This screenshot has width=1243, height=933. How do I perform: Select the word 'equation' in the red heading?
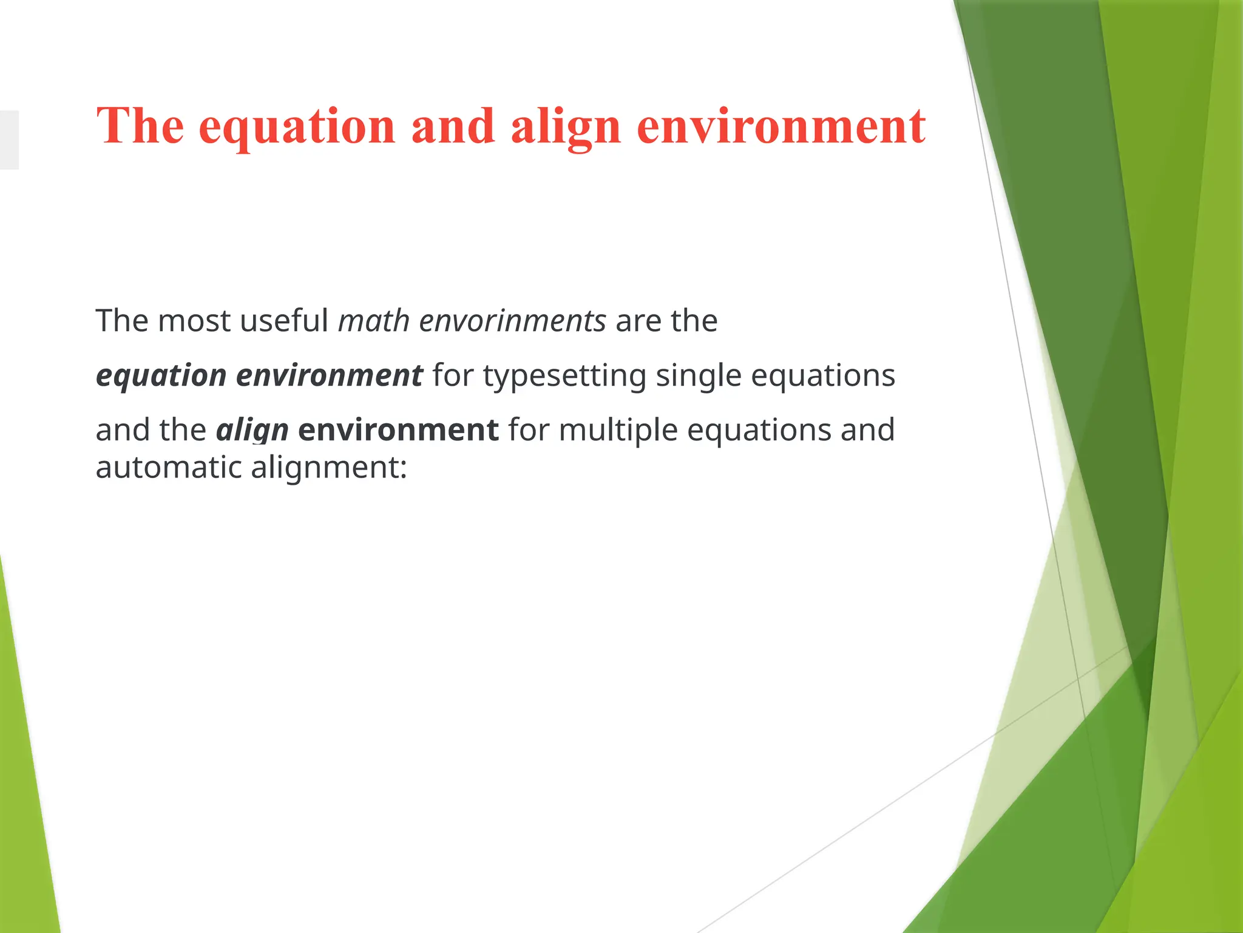pos(297,128)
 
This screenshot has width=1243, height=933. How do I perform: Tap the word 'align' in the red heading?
pos(566,128)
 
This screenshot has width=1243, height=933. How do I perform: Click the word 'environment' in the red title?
pos(781,126)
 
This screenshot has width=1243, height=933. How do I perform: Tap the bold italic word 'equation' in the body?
pos(161,376)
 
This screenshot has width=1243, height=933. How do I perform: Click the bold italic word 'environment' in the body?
pos(329,375)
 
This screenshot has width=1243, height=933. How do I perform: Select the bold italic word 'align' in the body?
pos(252,431)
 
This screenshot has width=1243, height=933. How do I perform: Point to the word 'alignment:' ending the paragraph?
pos(328,468)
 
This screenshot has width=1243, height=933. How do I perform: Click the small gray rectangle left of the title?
pos(9,140)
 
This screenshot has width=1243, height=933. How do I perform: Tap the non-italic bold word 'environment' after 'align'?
pos(398,430)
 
